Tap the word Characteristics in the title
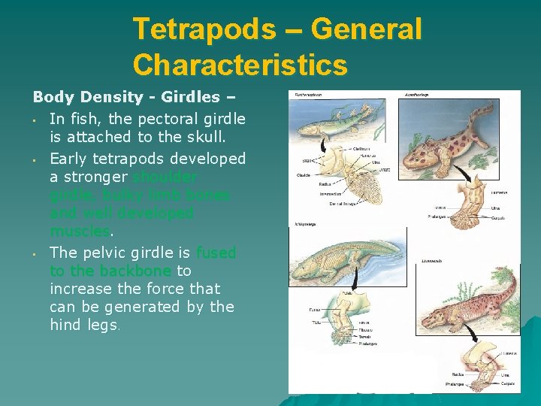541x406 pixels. pos(240,65)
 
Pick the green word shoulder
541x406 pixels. pos(165,177)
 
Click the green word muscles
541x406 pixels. pos(80,232)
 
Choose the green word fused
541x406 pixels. pos(216,253)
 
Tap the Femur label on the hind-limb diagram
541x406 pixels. pos(314,309)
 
